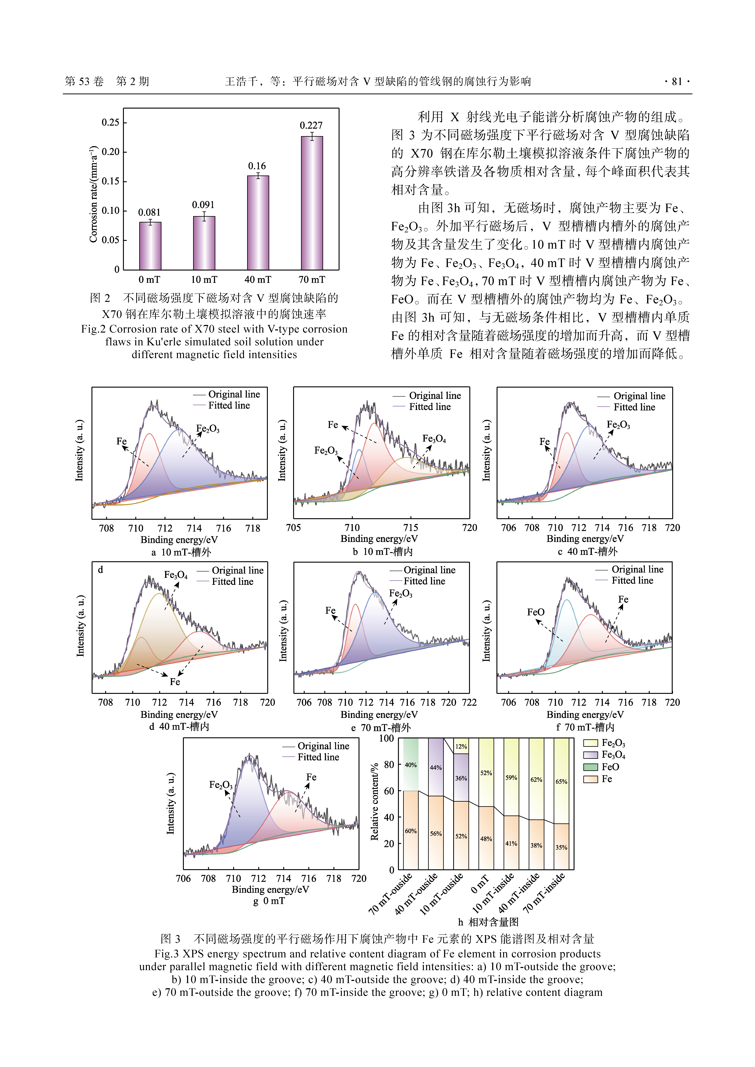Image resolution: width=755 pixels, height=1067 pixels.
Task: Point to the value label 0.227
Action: coord(311,125)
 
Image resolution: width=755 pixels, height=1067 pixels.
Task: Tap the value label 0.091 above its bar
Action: coord(203,205)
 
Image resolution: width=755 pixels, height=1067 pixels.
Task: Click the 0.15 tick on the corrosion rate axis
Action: coord(111,181)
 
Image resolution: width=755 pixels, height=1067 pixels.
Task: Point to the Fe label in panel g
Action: coord(311,777)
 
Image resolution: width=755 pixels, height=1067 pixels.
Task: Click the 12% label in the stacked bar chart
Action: coord(461,747)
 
